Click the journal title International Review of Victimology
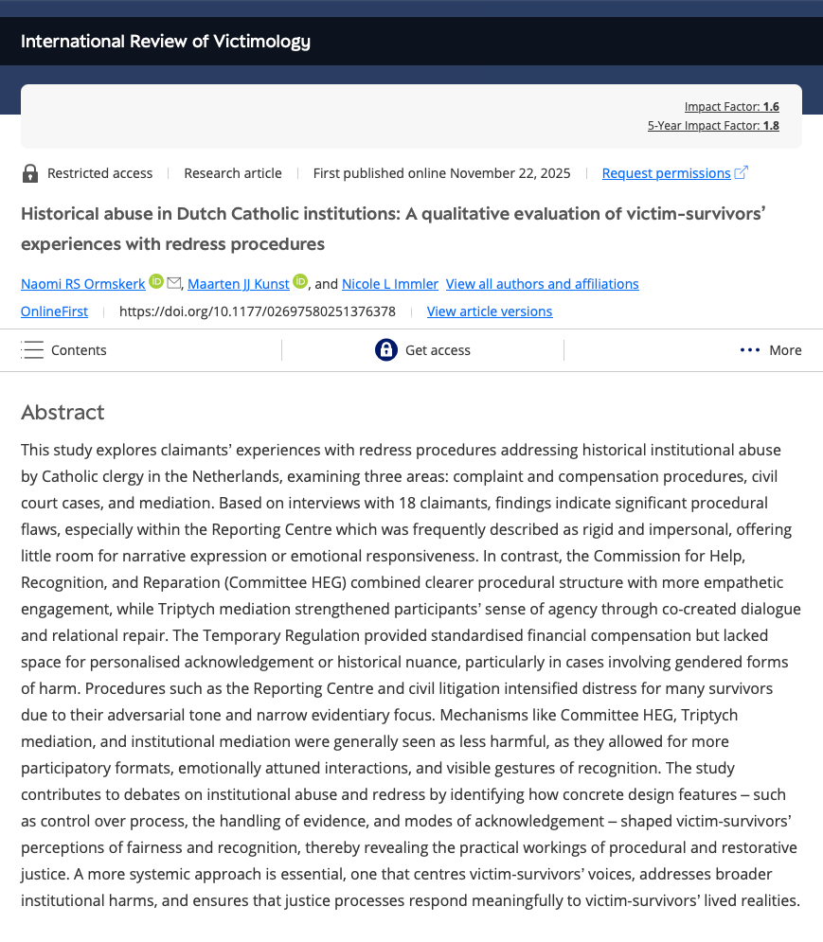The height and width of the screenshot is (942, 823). (166, 42)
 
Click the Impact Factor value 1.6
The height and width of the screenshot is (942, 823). (771, 107)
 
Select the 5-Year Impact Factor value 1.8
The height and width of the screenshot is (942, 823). (771, 125)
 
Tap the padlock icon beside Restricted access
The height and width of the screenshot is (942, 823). (30, 173)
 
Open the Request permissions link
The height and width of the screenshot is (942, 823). (667, 173)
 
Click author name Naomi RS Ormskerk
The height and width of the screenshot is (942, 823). (83, 284)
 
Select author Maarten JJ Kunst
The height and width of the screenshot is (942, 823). (238, 284)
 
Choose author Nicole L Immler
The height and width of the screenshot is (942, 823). (390, 284)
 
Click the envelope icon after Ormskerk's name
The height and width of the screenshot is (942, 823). (173, 283)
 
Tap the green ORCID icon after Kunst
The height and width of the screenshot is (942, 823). (300, 282)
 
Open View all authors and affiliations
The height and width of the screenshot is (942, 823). (542, 284)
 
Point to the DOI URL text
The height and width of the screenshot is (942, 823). (257, 311)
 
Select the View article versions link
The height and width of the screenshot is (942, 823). (490, 311)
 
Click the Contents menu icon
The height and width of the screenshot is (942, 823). (33, 350)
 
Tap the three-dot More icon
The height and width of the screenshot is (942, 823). (750, 350)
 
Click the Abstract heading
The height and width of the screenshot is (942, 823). (63, 413)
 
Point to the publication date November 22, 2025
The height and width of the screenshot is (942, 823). (510, 173)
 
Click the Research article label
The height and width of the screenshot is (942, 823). (233, 173)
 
